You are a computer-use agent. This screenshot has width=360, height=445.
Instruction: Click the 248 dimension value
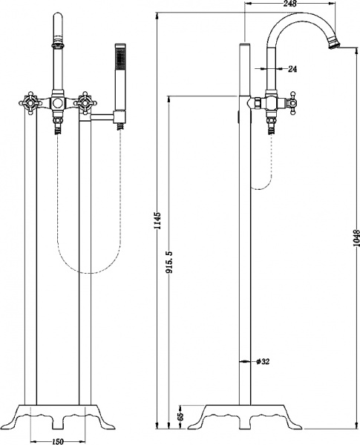point(289,4)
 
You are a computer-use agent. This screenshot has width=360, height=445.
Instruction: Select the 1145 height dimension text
point(158,220)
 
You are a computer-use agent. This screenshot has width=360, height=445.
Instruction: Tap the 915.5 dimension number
point(170,262)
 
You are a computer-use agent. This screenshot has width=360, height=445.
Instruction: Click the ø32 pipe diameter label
point(263,361)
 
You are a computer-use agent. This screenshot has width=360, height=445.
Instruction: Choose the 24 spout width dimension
point(292,69)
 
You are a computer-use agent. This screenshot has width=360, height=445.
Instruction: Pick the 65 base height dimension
point(181,416)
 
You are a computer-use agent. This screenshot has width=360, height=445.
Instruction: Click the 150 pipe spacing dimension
point(57,441)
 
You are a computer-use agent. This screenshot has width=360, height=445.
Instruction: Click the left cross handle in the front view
point(28,103)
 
